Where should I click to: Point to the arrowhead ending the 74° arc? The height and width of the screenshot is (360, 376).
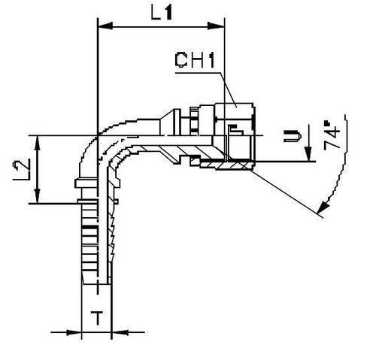(x=323, y=208)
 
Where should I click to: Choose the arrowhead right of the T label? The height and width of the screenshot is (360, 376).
(x=117, y=331)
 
